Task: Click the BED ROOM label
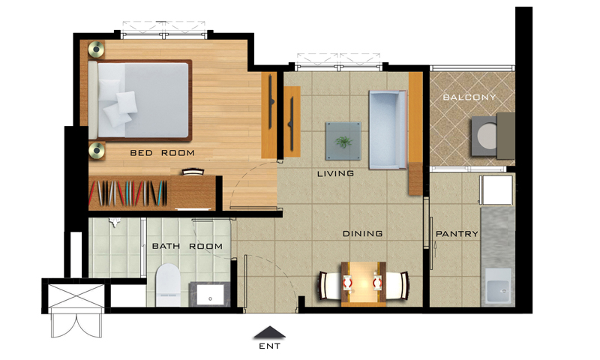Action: pyautogui.click(x=162, y=153)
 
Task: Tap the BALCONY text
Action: pyautogui.click(x=469, y=97)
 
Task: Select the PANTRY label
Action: pyautogui.click(x=457, y=234)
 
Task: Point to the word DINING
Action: pyautogui.click(x=362, y=233)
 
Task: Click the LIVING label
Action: pyautogui.click(x=335, y=174)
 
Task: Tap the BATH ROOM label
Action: pyautogui.click(x=187, y=246)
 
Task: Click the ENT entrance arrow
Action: pyautogui.click(x=270, y=332)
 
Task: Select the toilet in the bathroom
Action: pyautogui.click(x=168, y=285)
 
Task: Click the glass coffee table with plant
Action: pyautogui.click(x=343, y=141)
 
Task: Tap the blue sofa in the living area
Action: pyautogui.click(x=388, y=130)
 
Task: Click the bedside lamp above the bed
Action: pyautogui.click(x=97, y=49)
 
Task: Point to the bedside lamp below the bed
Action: pyautogui.click(x=97, y=150)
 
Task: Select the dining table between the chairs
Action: pyautogui.click(x=364, y=284)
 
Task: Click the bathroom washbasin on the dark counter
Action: pyautogui.click(x=210, y=295)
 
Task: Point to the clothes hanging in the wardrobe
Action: pyautogui.click(x=127, y=193)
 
